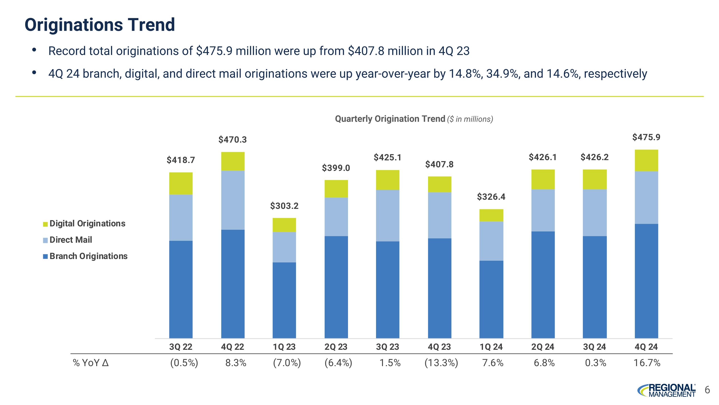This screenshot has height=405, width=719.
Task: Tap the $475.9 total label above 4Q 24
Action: pyautogui.click(x=646, y=137)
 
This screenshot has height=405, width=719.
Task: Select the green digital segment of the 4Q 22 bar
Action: pyautogui.click(x=233, y=161)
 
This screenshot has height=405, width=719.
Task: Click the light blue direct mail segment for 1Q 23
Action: pyautogui.click(x=284, y=247)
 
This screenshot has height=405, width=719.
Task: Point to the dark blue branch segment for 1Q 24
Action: pyautogui.click(x=491, y=299)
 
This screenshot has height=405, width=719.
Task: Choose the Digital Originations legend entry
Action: pyautogui.click(x=84, y=224)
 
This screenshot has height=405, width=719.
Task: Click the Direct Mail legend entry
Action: pyautogui.click(x=68, y=240)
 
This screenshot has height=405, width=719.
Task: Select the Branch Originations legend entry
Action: pyautogui.click(x=85, y=256)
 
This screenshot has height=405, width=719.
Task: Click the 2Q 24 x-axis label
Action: pyautogui.click(x=543, y=347)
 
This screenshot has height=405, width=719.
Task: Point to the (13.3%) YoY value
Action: pyautogui.click(x=441, y=363)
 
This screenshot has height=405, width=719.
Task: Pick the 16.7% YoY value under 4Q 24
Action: pyautogui.click(x=647, y=363)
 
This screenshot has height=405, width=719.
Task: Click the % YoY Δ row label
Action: pyautogui.click(x=90, y=363)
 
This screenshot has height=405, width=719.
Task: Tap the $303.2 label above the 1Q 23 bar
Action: pyautogui.click(x=284, y=206)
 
